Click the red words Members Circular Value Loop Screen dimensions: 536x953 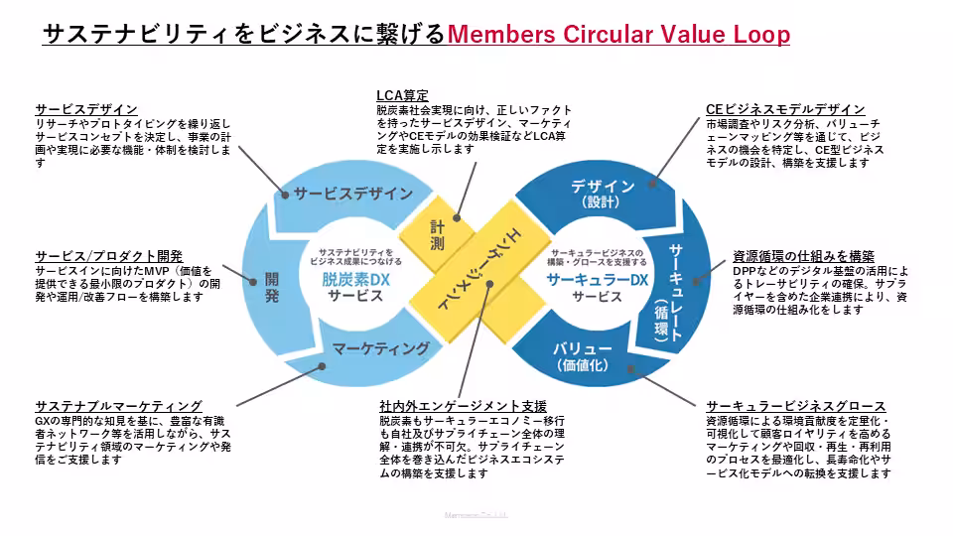click(x=618, y=35)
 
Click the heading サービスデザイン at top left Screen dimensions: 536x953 click(x=86, y=109)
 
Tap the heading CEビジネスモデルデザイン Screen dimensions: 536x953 click(x=785, y=109)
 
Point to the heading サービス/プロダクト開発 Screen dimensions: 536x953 click(x=109, y=256)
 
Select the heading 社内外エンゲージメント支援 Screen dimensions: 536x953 click(x=463, y=406)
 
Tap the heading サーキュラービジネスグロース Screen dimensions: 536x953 click(x=795, y=407)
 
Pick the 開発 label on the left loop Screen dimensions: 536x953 click(x=272, y=287)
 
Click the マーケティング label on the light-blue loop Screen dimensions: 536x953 click(x=381, y=348)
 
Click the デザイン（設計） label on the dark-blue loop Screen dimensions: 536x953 click(x=603, y=194)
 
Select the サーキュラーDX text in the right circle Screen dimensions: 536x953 click(x=597, y=280)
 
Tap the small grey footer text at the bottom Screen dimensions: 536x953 click(x=476, y=515)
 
